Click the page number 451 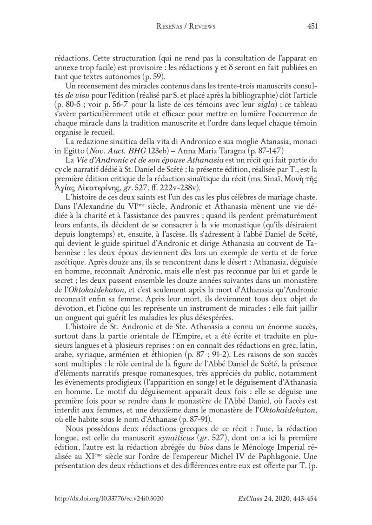(312, 27)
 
